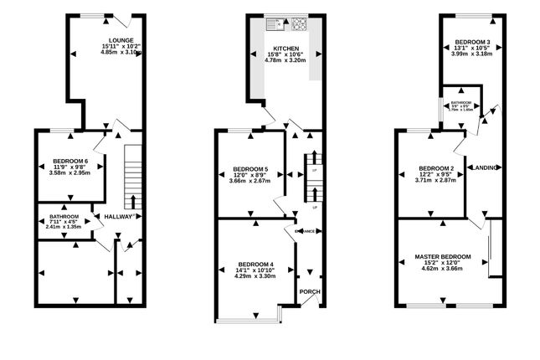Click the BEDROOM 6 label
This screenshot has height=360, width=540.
click(69, 161)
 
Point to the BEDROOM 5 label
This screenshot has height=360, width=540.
click(249, 168)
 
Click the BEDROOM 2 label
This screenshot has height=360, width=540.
click(435, 167)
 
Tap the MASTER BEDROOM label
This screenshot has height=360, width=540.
click(442, 256)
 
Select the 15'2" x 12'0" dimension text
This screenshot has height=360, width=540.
click(442, 263)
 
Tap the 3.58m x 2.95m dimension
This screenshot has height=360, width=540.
click(69, 173)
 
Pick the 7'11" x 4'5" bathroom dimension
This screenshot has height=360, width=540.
click(63, 221)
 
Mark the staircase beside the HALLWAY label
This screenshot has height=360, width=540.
click(131, 177)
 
